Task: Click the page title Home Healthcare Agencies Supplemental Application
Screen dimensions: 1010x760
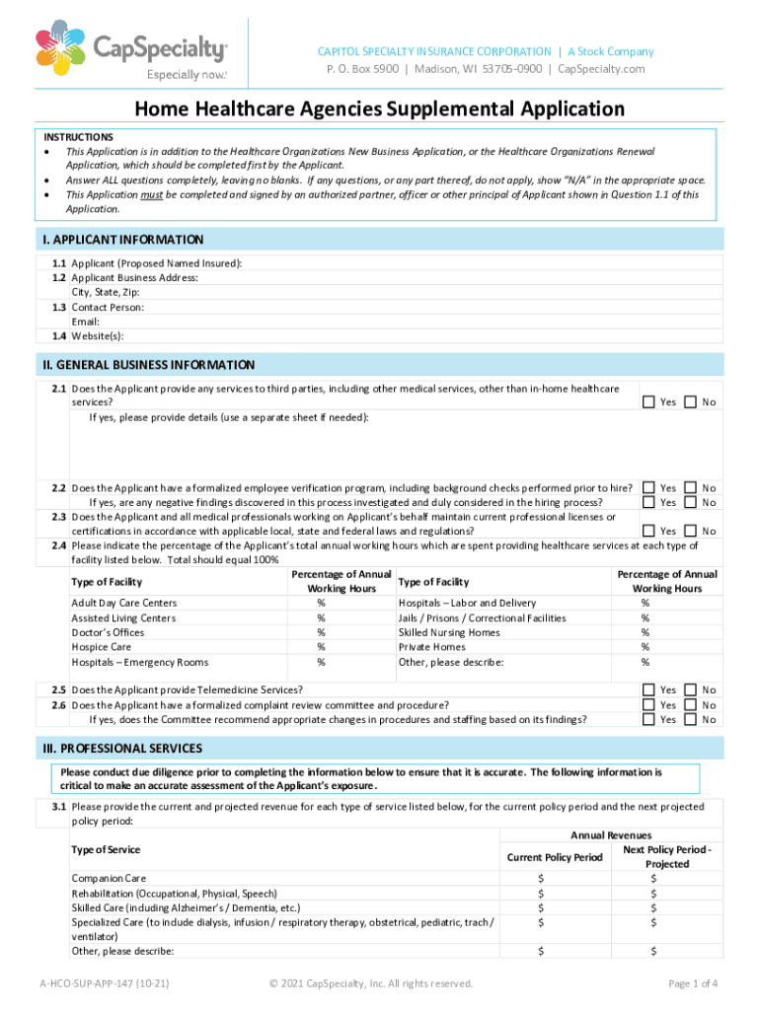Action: [380, 108]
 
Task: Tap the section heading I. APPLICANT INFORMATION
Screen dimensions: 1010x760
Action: [123, 240]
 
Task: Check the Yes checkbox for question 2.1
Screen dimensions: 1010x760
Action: [648, 401]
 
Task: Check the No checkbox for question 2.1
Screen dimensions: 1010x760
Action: [690, 401]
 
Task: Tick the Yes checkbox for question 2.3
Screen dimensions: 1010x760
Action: [648, 531]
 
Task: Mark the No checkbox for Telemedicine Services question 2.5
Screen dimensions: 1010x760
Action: [690, 690]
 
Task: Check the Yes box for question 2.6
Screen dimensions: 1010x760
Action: [648, 705]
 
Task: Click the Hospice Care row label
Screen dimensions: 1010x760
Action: [101, 647]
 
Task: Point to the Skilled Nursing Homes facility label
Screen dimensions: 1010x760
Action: [449, 632]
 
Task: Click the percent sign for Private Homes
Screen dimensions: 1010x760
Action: [645, 647]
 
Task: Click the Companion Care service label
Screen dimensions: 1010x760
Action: [109, 877]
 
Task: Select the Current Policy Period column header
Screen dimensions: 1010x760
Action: [554, 857]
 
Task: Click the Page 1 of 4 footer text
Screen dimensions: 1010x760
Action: [692, 983]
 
